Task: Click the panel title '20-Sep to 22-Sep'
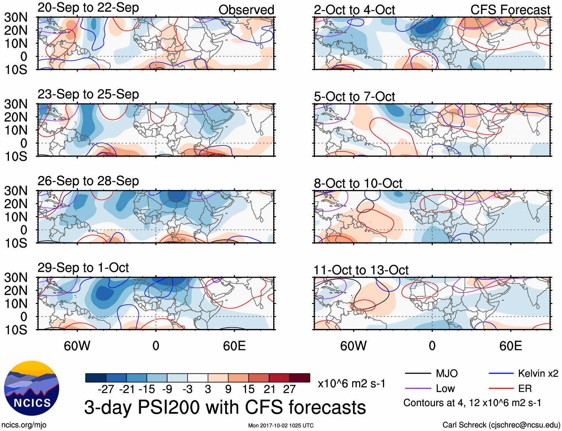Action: (x=88, y=8)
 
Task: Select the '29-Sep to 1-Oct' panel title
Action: (x=83, y=268)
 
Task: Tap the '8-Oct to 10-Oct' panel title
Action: (x=358, y=183)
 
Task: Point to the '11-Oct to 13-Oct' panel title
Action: (x=361, y=270)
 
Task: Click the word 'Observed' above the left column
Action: (x=246, y=10)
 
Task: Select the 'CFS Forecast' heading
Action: (x=510, y=10)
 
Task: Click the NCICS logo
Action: (x=32, y=388)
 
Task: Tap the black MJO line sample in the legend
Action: (x=418, y=373)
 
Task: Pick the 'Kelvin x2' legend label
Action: (x=538, y=373)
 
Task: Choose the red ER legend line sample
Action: (x=501, y=389)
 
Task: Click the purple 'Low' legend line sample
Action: (x=418, y=389)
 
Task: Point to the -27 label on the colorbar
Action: (x=106, y=389)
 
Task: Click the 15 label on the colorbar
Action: (x=248, y=389)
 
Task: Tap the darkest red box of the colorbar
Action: (x=300, y=378)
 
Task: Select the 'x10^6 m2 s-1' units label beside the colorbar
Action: (x=351, y=383)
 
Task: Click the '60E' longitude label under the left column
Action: (x=234, y=346)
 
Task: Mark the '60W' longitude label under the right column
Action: (x=353, y=346)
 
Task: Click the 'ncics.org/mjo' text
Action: (x=24, y=425)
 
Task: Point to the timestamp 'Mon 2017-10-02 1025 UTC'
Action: (x=281, y=425)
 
